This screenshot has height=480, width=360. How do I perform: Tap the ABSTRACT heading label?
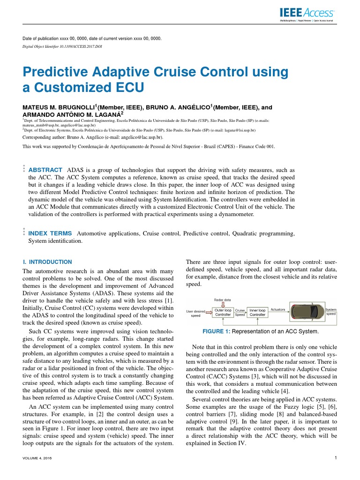[45, 170]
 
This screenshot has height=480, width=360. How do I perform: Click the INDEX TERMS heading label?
[50, 233]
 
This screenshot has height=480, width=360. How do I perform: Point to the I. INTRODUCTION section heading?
[47, 262]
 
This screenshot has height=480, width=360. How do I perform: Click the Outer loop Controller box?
[223, 312]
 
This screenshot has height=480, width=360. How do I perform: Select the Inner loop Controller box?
[257, 312]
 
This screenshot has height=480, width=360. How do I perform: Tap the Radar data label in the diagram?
[222, 299]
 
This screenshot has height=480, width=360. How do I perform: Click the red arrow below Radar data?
[223, 304]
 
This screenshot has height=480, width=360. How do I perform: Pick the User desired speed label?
[195, 313]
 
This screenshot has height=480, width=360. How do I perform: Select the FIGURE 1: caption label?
[216, 332]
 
